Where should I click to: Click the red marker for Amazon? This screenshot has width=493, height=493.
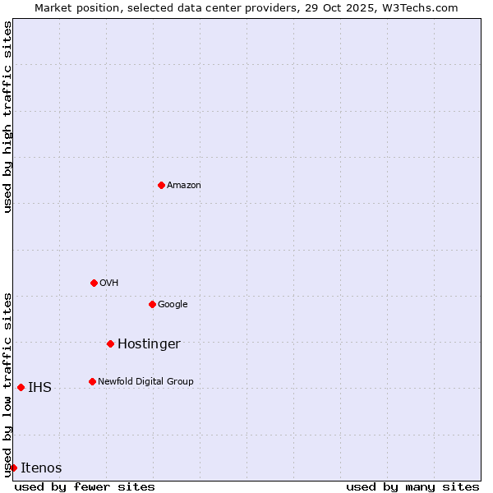(x=161, y=185)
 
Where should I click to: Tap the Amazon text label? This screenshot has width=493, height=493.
(x=184, y=186)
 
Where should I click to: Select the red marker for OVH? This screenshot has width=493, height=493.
(x=94, y=283)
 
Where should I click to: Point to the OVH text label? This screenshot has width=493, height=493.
(x=109, y=283)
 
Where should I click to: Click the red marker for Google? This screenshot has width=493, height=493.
(x=152, y=304)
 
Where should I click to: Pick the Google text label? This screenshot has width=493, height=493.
(x=173, y=305)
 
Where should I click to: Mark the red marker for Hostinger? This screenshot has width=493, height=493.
(x=110, y=343)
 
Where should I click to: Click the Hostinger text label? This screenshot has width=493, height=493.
(x=149, y=344)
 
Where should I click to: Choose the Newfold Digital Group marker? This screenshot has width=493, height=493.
(x=92, y=381)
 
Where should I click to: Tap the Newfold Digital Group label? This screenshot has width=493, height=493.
(x=145, y=381)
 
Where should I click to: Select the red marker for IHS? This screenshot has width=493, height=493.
(x=21, y=387)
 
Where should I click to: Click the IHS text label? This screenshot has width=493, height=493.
(x=39, y=388)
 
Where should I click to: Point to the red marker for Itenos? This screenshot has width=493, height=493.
(x=13, y=468)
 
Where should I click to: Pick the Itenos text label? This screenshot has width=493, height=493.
(x=41, y=468)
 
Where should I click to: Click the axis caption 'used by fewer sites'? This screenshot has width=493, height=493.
(x=85, y=486)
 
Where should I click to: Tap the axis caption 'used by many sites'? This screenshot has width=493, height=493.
(x=412, y=486)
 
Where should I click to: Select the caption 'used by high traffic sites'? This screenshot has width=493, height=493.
(x=7, y=117)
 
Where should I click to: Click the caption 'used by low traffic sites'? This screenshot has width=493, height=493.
(x=7, y=384)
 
